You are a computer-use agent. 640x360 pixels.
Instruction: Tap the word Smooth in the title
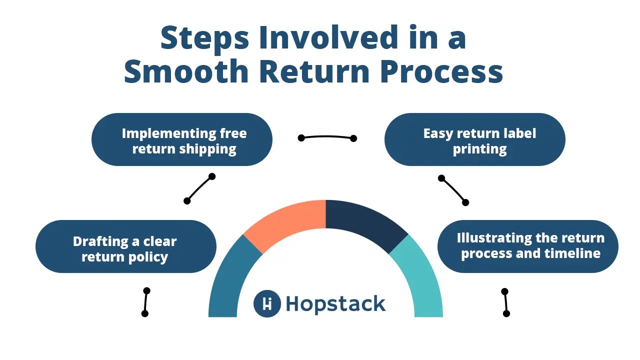[x=186, y=71]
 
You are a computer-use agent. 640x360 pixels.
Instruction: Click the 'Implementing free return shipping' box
[x=182, y=139]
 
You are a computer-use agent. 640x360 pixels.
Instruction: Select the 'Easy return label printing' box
[x=474, y=139]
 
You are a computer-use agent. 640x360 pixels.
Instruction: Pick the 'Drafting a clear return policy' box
[x=125, y=246]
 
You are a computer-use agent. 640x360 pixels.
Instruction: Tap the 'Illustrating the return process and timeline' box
[x=528, y=246]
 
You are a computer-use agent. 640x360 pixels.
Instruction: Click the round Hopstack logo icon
[x=267, y=303]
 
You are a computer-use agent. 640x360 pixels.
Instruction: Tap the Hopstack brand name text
[x=335, y=303]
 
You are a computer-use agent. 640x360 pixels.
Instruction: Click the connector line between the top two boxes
[x=327, y=136]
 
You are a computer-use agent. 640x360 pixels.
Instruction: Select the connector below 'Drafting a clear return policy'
[x=145, y=302]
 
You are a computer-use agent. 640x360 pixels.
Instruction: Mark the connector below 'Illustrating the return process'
[x=505, y=302]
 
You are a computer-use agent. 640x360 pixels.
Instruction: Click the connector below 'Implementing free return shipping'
[x=199, y=188]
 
